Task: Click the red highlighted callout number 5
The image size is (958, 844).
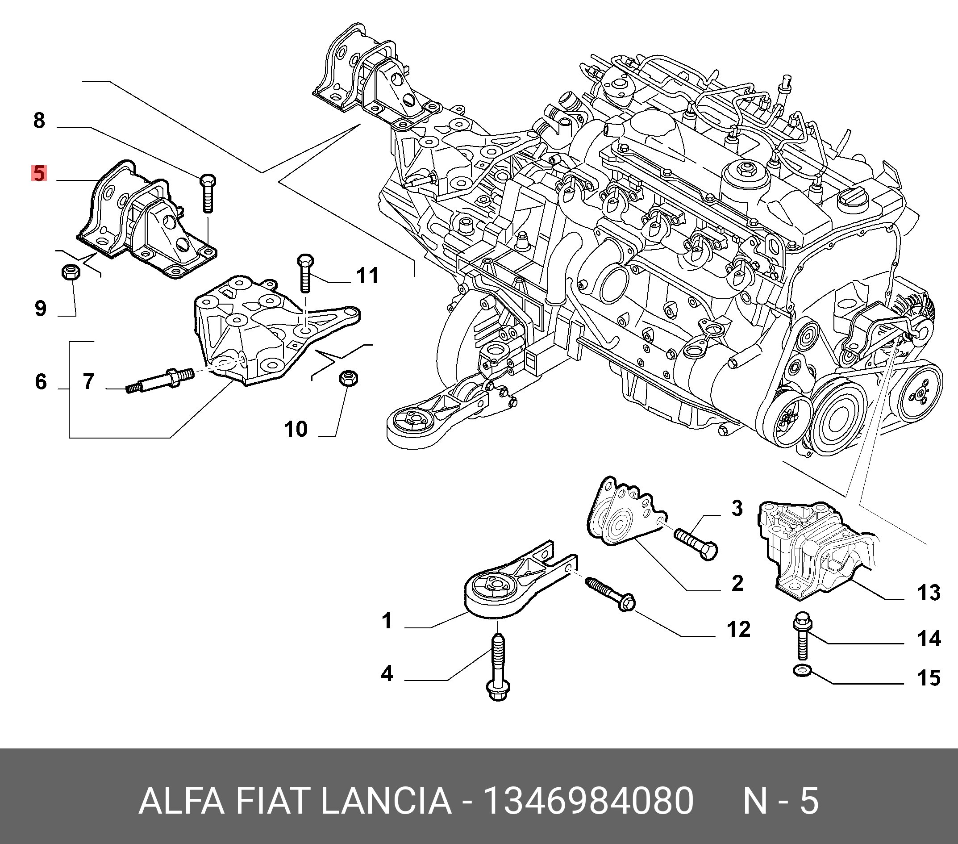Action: coord(39,173)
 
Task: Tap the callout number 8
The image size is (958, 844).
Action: coord(39,121)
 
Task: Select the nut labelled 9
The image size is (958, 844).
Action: coord(72,272)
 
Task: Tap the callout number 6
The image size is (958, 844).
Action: coord(41,382)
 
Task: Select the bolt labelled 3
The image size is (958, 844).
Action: coord(696,544)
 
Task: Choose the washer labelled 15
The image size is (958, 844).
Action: coord(800,671)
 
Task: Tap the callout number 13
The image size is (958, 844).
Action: coord(929,593)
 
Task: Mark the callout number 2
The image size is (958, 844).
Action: coord(737,583)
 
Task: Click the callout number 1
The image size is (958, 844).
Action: coord(387,621)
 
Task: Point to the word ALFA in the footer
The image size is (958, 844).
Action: coord(182,801)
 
